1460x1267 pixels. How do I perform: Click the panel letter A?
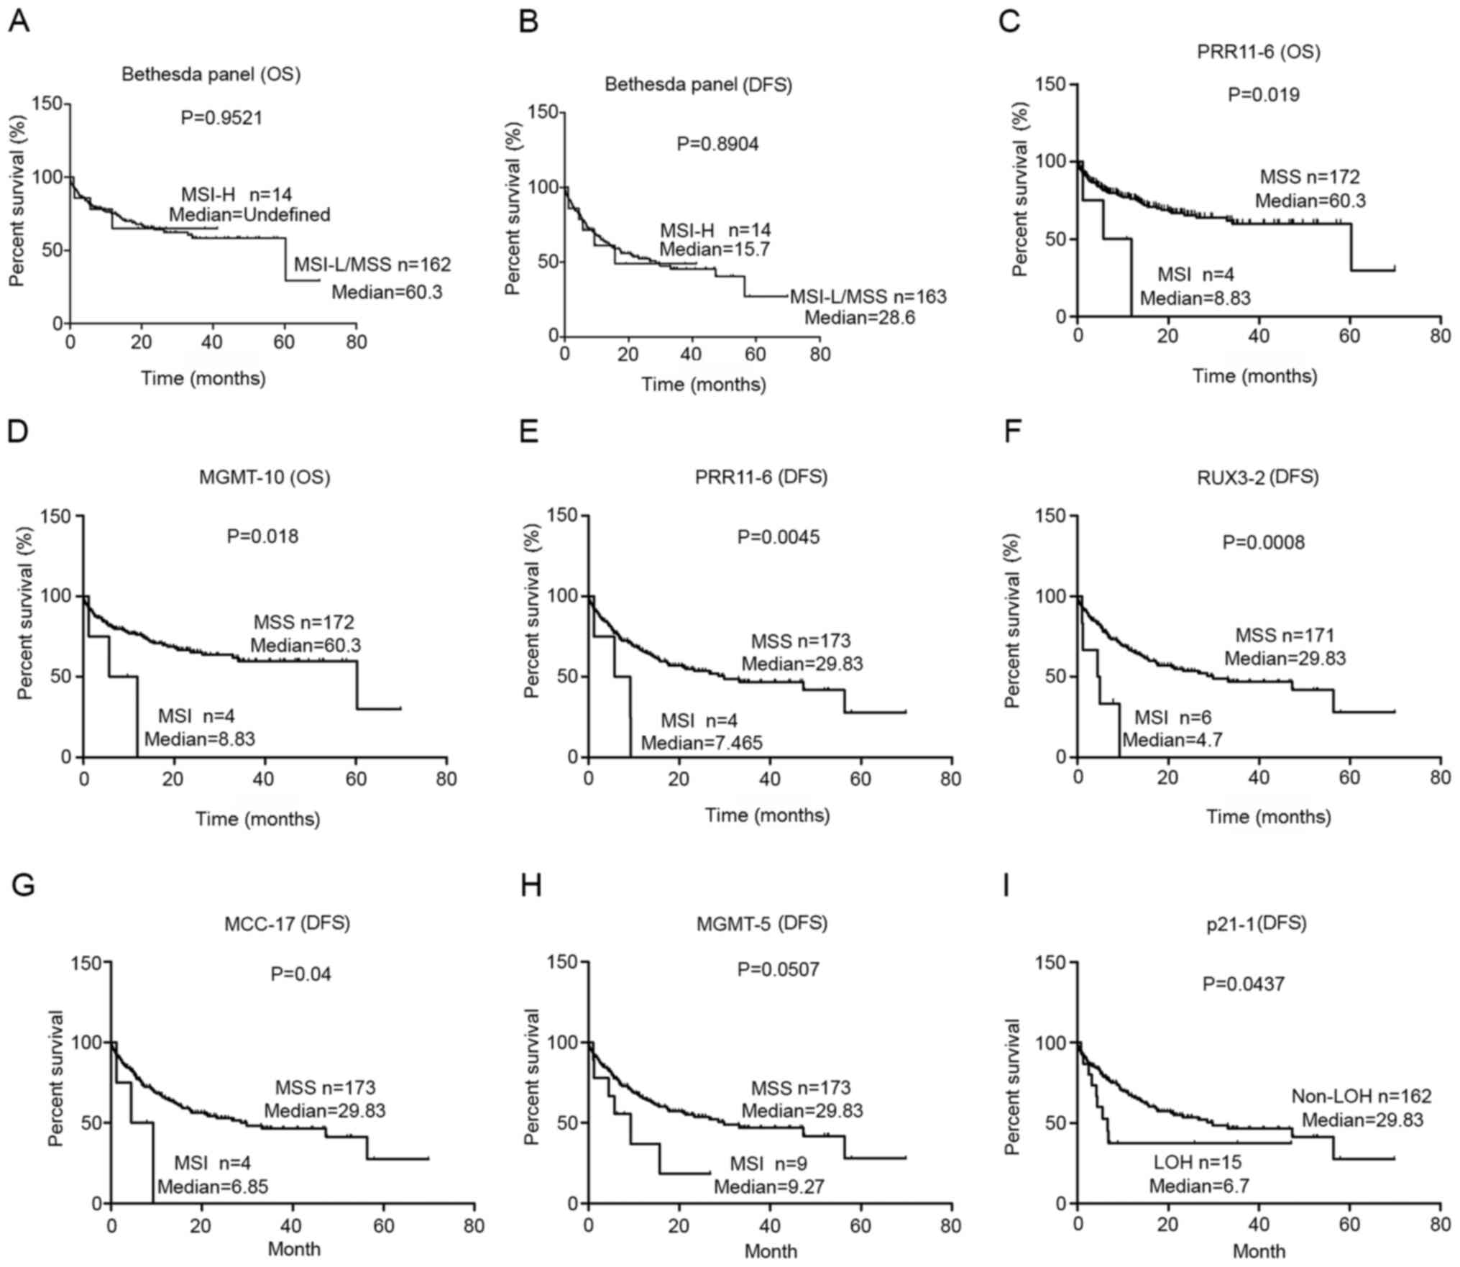coord(19,22)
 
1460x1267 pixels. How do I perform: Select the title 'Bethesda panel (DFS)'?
coord(698,85)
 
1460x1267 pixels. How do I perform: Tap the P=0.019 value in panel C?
coord(1263,95)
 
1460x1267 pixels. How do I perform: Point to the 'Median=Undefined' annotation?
coord(249,214)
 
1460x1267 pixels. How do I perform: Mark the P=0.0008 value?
coord(1264,542)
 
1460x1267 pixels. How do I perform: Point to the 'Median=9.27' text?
coord(768,1186)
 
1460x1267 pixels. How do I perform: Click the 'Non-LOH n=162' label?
coord(1362,1097)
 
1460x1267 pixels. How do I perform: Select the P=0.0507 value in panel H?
coord(778,970)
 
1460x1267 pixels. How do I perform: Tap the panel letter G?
coord(23,886)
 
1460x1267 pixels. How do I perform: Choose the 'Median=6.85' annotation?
coord(213,1186)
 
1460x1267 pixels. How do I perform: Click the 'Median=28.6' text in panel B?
coord(859,317)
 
